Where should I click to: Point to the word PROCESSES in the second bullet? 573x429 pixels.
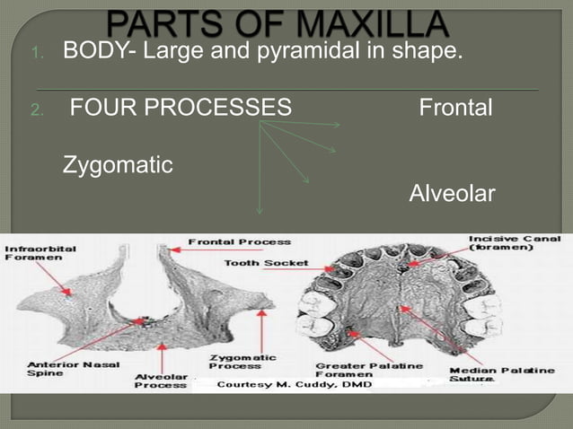[223, 109]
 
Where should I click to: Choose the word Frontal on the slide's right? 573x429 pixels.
[455, 109]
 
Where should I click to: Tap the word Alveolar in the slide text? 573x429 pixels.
[452, 194]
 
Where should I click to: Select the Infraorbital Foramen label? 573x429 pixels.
[40, 251]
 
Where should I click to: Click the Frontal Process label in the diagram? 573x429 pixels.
[239, 241]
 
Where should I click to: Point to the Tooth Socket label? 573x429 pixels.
[267, 263]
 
